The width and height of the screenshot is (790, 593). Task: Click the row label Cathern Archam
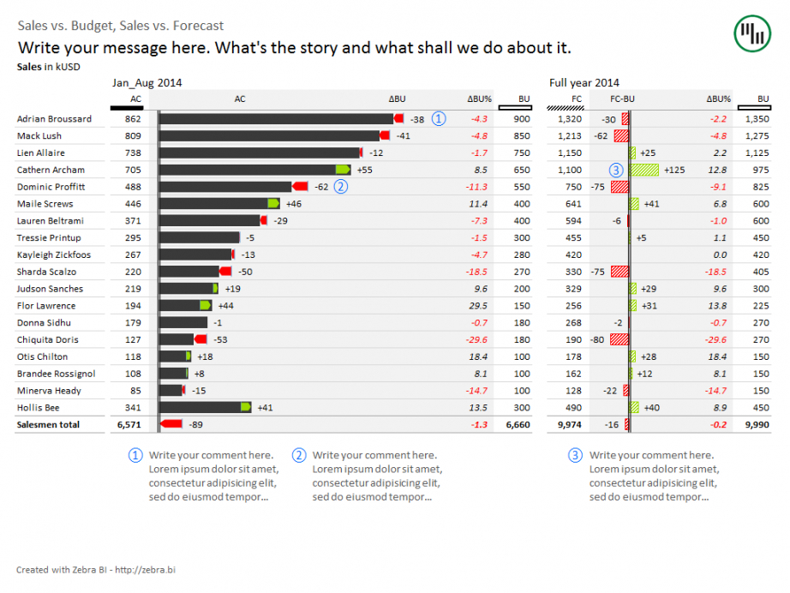pyautogui.click(x=51, y=170)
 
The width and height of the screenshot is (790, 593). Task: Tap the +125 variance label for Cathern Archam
pyautogui.click(x=674, y=170)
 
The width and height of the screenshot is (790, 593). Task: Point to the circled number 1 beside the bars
pyautogui.click(x=440, y=119)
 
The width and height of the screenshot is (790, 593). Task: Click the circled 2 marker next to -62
pyautogui.click(x=341, y=186)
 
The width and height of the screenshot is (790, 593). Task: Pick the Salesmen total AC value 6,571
pyautogui.click(x=128, y=424)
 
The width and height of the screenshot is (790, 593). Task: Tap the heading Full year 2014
pyautogui.click(x=584, y=83)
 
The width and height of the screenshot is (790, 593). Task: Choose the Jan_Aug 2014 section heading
pyautogui.click(x=147, y=83)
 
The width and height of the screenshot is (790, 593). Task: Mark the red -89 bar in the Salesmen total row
pyautogui.click(x=172, y=424)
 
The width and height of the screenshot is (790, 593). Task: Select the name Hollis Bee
pyautogui.click(x=39, y=407)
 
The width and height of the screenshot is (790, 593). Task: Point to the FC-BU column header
pyautogui.click(x=623, y=99)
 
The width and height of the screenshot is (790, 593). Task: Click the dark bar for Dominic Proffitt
pyautogui.click(x=227, y=186)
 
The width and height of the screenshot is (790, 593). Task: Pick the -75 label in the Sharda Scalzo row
pyautogui.click(x=597, y=272)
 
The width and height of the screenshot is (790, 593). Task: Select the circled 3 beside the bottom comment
pyautogui.click(x=575, y=456)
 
